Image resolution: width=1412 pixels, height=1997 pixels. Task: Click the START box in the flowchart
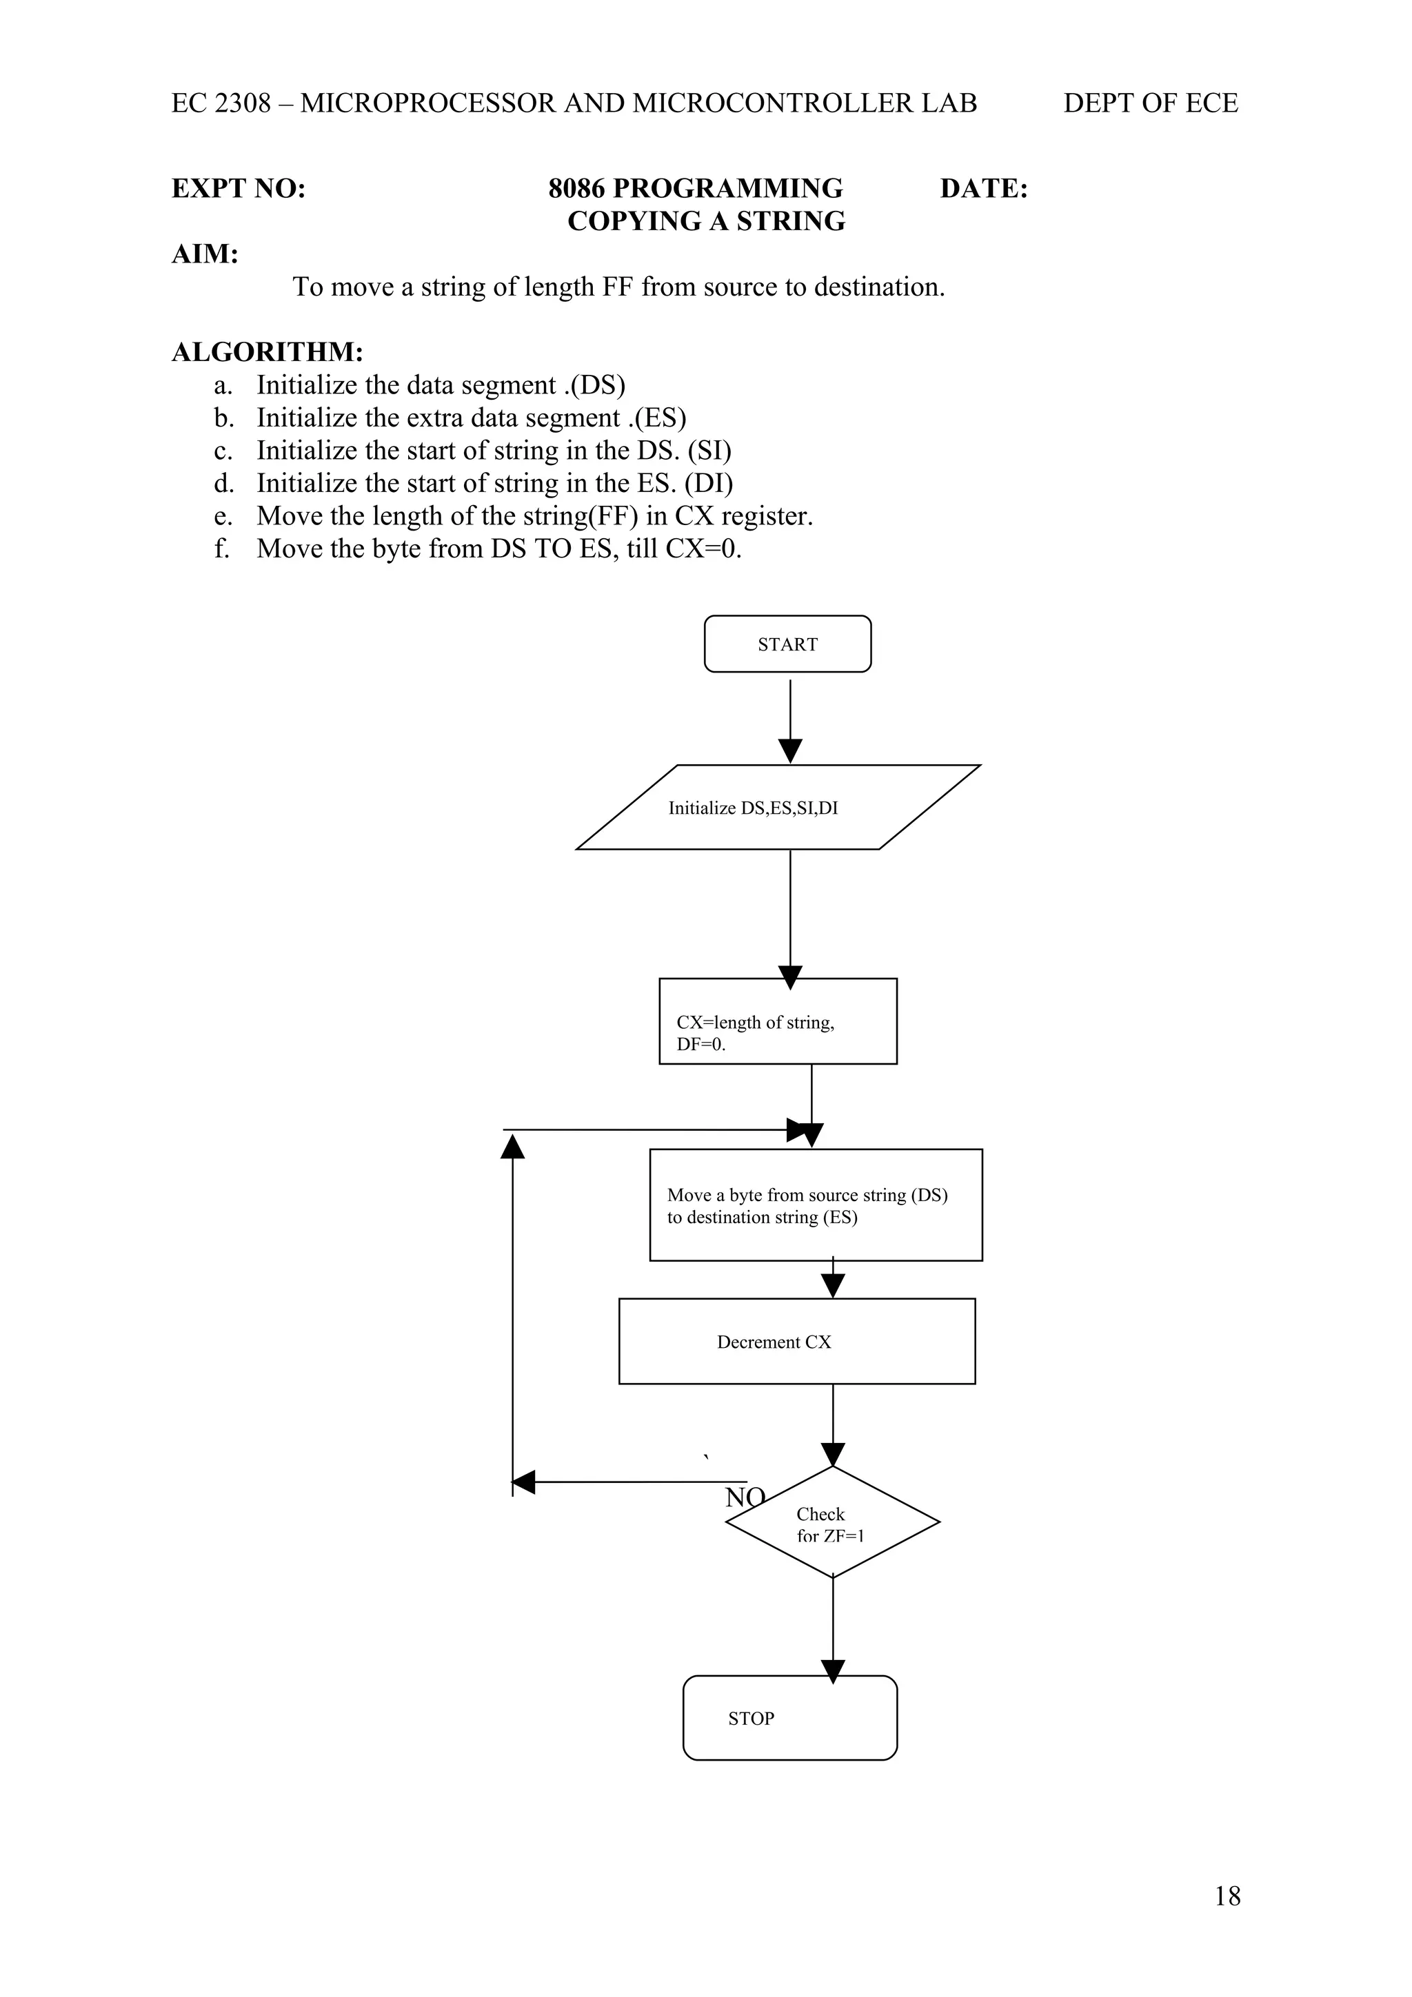pyautogui.click(x=787, y=644)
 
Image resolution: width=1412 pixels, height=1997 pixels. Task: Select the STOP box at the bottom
pyautogui.click(x=789, y=1718)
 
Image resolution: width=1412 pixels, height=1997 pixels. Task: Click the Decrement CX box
pyautogui.click(x=796, y=1342)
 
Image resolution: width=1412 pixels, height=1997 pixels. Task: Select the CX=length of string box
pyautogui.click(x=777, y=1021)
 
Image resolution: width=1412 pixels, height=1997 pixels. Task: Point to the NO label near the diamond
pyautogui.click(x=744, y=1497)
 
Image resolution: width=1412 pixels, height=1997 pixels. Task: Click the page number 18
pyautogui.click(x=1227, y=1896)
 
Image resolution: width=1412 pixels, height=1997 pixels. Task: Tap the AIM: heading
pyautogui.click(x=205, y=254)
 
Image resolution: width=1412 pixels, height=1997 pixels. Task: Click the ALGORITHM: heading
pyautogui.click(x=267, y=352)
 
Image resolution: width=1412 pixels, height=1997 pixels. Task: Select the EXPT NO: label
pyautogui.click(x=239, y=189)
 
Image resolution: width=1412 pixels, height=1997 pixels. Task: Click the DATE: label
pyautogui.click(x=983, y=189)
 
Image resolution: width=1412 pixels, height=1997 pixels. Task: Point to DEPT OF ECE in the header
pyautogui.click(x=1149, y=103)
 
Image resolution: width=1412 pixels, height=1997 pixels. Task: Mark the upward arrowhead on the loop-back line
pyautogui.click(x=512, y=1147)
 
